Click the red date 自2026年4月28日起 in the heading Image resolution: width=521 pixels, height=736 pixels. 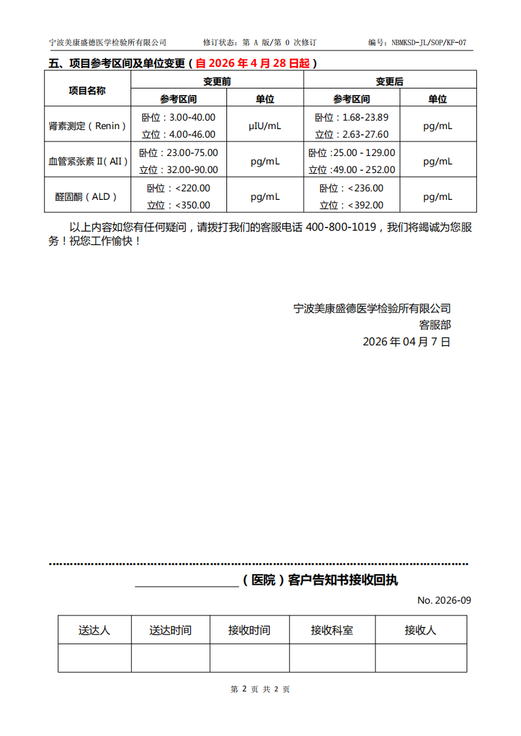pos(253,64)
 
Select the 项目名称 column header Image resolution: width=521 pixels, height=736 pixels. pos(87,90)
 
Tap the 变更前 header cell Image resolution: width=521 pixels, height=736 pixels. pos(217,81)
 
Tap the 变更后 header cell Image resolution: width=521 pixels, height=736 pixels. pos(389,81)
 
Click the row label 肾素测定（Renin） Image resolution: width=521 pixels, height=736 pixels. pos(87,125)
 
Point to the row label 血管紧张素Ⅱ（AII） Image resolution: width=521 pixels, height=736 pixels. pos(87,161)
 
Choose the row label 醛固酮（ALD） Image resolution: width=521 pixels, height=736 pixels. pos(87,196)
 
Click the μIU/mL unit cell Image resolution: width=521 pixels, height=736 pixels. pos(264,125)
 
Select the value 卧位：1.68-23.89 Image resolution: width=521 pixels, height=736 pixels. pos(351,117)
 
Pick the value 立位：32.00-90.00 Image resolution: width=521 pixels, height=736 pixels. pos(178,169)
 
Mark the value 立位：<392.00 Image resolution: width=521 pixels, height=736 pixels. pos(351,204)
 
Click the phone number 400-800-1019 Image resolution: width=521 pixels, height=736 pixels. pos(341,227)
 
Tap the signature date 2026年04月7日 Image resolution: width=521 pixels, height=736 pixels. pos(407,341)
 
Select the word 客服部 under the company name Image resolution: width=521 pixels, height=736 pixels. pos(435,324)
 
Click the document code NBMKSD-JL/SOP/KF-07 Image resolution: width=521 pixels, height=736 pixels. pos(429,43)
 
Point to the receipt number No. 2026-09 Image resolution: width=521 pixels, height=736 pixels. pos(444,600)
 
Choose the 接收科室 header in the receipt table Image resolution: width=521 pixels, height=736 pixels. pos(331,630)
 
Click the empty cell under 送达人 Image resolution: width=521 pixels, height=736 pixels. pos(94,658)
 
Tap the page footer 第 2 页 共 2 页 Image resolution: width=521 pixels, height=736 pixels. pos(260,689)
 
